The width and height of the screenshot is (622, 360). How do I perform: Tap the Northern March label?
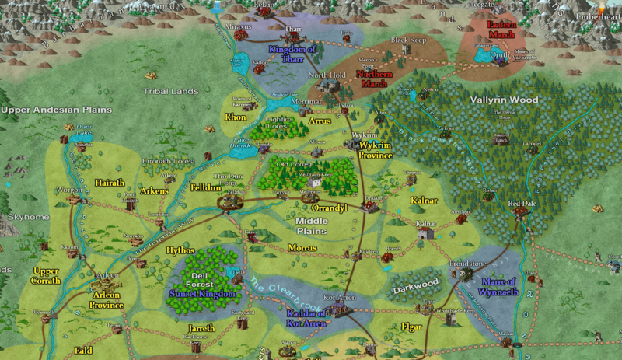[x=374, y=78]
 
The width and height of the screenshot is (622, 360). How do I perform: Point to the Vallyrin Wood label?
[x=504, y=100]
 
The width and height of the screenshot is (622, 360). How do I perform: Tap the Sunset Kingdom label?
[x=201, y=295]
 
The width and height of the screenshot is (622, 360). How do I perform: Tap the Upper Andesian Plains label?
[x=47, y=110]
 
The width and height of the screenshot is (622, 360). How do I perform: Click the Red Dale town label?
[x=522, y=204]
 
